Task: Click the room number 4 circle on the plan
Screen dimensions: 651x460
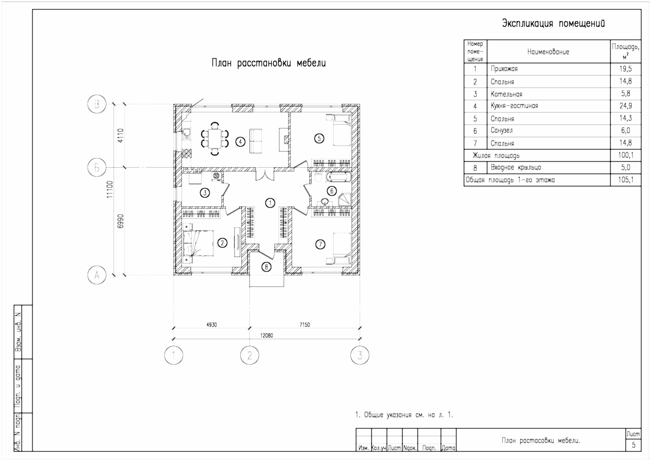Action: click(x=240, y=141)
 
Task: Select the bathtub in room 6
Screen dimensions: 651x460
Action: click(x=338, y=177)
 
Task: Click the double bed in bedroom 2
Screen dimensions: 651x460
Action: click(x=198, y=243)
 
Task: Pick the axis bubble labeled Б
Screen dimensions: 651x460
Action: click(x=97, y=168)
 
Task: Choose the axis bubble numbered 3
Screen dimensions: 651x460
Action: click(x=360, y=355)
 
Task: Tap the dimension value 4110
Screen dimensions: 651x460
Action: click(x=120, y=136)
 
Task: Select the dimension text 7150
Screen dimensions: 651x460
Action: click(x=305, y=325)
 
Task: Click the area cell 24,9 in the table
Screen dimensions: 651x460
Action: click(x=626, y=106)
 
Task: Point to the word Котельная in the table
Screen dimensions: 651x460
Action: click(x=506, y=94)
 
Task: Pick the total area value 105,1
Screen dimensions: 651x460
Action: click(x=626, y=180)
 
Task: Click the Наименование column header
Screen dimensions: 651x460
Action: click(x=548, y=52)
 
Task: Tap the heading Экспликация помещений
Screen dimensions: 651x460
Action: click(x=553, y=23)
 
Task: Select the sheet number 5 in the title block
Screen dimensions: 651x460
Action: click(x=633, y=445)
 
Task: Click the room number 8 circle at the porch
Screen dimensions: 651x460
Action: click(x=266, y=267)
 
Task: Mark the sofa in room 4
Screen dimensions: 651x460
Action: click(x=256, y=141)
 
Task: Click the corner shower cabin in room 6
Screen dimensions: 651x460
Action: click(x=345, y=199)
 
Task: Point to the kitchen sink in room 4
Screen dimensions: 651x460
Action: click(x=187, y=133)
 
